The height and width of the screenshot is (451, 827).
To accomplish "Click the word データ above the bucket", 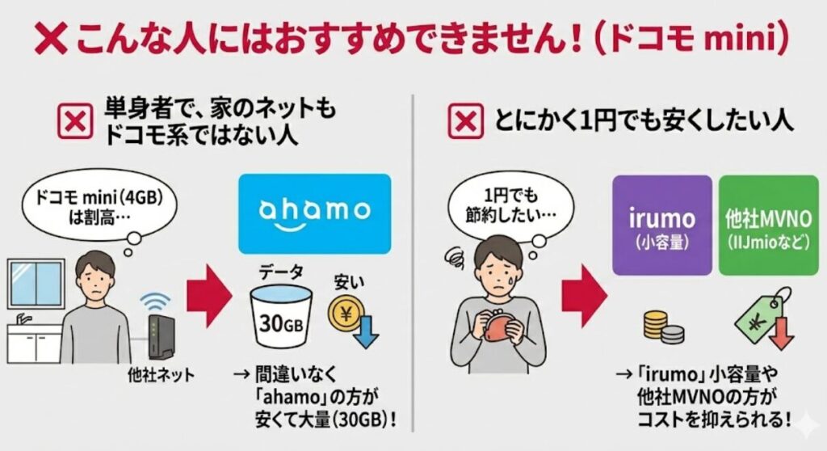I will pos(275,270).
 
